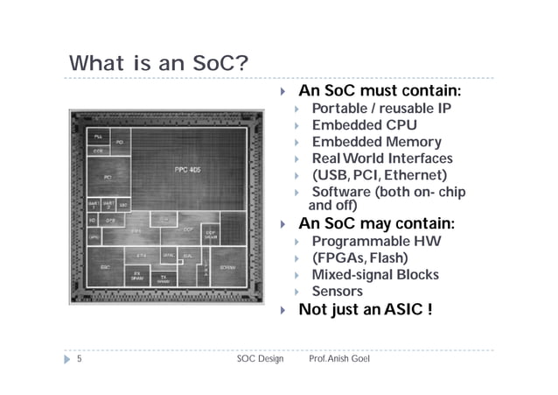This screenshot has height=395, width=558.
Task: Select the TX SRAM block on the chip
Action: pos(164,279)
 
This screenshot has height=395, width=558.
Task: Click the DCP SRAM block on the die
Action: pos(211,235)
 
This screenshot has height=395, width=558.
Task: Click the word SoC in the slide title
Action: pos(199,64)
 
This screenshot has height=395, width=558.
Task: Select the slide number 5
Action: pos(79,359)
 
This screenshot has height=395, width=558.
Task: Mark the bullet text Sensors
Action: pos(337,291)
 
